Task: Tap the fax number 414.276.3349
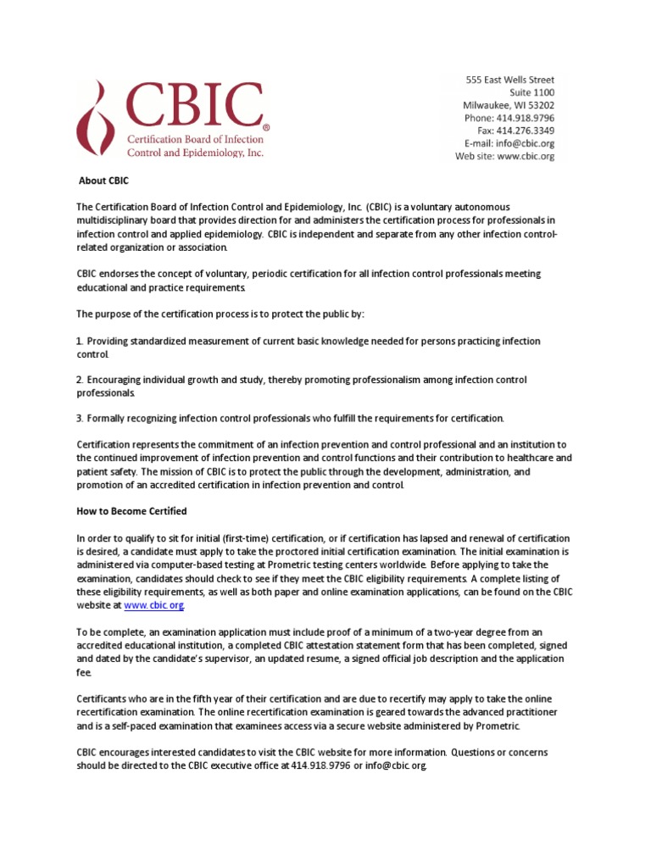pyautogui.click(x=526, y=131)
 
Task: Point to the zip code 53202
pyautogui.click(x=537, y=105)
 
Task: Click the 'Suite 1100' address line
pyautogui.click(x=531, y=92)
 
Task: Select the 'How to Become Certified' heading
pyautogui.click(x=131, y=511)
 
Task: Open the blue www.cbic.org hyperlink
pyautogui.click(x=153, y=605)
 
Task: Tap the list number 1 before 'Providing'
pyautogui.click(x=79, y=341)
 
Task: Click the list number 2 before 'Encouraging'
pyautogui.click(x=79, y=380)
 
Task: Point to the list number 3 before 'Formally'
pyautogui.click(x=79, y=419)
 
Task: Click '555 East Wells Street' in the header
pyautogui.click(x=510, y=80)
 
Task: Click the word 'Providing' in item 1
pyautogui.click(x=110, y=341)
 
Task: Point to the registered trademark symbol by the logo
pyautogui.click(x=266, y=127)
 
